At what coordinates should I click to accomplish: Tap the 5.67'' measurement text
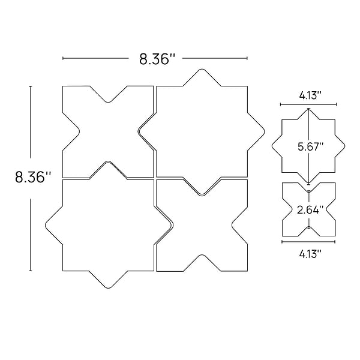point(311,146)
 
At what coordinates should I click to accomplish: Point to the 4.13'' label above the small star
point(310,95)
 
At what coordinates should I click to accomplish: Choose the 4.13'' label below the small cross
point(310,253)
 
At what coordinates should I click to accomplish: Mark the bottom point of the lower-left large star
point(108,286)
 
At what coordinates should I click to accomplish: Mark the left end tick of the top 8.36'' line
point(63,58)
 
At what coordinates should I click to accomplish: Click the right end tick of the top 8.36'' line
point(247,58)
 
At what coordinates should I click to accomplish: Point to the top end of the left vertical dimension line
point(31,86)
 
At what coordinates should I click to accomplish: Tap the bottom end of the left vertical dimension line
point(31,271)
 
